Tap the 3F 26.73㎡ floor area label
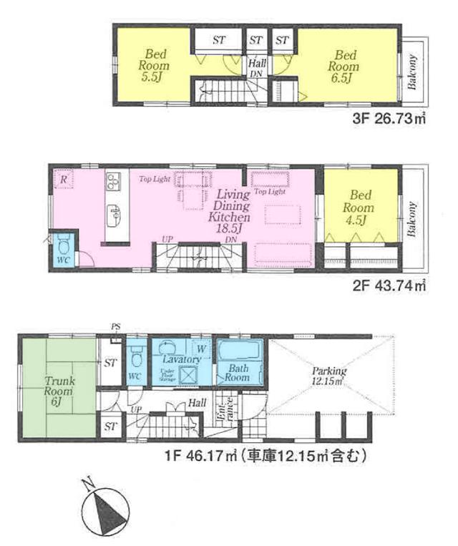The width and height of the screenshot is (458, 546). click(x=390, y=120)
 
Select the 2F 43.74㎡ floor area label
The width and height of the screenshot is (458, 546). click(x=390, y=286)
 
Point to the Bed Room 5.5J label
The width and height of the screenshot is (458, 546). click(x=154, y=66)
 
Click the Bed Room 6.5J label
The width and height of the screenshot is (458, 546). click(x=343, y=66)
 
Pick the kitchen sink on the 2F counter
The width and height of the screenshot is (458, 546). click(x=114, y=213)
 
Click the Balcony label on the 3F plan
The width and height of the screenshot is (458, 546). click(x=414, y=71)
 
